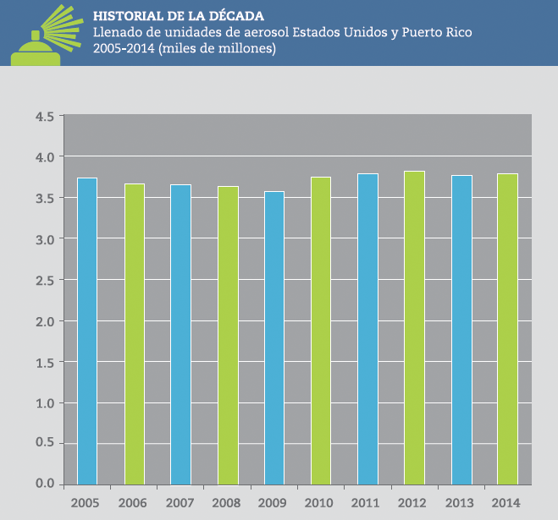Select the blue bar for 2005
point(86,331)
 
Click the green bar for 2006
point(134,333)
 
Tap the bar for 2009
point(273,337)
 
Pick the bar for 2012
point(414,327)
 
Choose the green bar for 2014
point(507,328)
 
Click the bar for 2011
point(367,328)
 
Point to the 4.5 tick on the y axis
point(45,116)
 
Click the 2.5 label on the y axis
point(45,280)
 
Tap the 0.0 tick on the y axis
point(45,484)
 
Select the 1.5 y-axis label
point(45,362)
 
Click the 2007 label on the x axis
point(180,503)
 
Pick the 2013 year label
point(460,503)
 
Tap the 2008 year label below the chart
point(226,503)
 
